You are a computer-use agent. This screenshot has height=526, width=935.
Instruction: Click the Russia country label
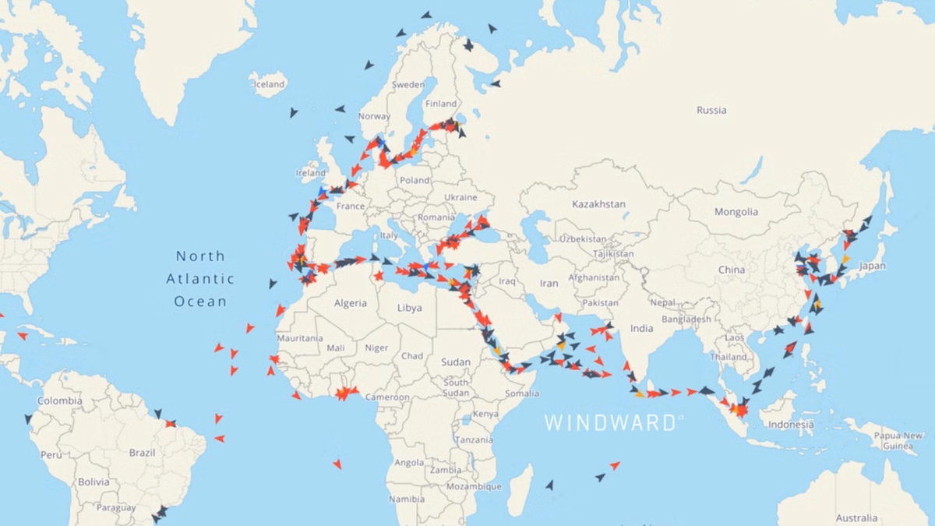tap(711, 110)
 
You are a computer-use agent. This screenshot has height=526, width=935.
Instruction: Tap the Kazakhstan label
tap(598, 204)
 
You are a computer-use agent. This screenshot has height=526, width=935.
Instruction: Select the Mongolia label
tap(736, 212)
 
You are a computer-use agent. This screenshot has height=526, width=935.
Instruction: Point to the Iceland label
tap(270, 84)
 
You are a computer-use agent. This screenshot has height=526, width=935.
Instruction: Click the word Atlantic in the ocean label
tap(199, 278)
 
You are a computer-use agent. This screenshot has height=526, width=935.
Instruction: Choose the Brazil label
tap(142, 452)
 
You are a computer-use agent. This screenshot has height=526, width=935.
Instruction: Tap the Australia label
tap(856, 518)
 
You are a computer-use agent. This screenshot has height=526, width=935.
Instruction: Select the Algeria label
tap(350, 303)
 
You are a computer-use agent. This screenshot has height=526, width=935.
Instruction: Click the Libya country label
tap(409, 308)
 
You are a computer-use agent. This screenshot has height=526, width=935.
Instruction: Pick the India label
tap(641, 328)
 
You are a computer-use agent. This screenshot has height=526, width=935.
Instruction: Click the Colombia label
tap(59, 401)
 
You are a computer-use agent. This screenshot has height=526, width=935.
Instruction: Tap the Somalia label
tap(521, 394)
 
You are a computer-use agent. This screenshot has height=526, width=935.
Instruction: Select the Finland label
tap(441, 104)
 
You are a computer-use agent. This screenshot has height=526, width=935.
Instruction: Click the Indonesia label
tap(791, 425)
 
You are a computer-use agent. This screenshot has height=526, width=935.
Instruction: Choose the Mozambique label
tap(474, 486)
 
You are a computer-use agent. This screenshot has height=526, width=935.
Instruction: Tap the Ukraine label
tap(459, 197)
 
